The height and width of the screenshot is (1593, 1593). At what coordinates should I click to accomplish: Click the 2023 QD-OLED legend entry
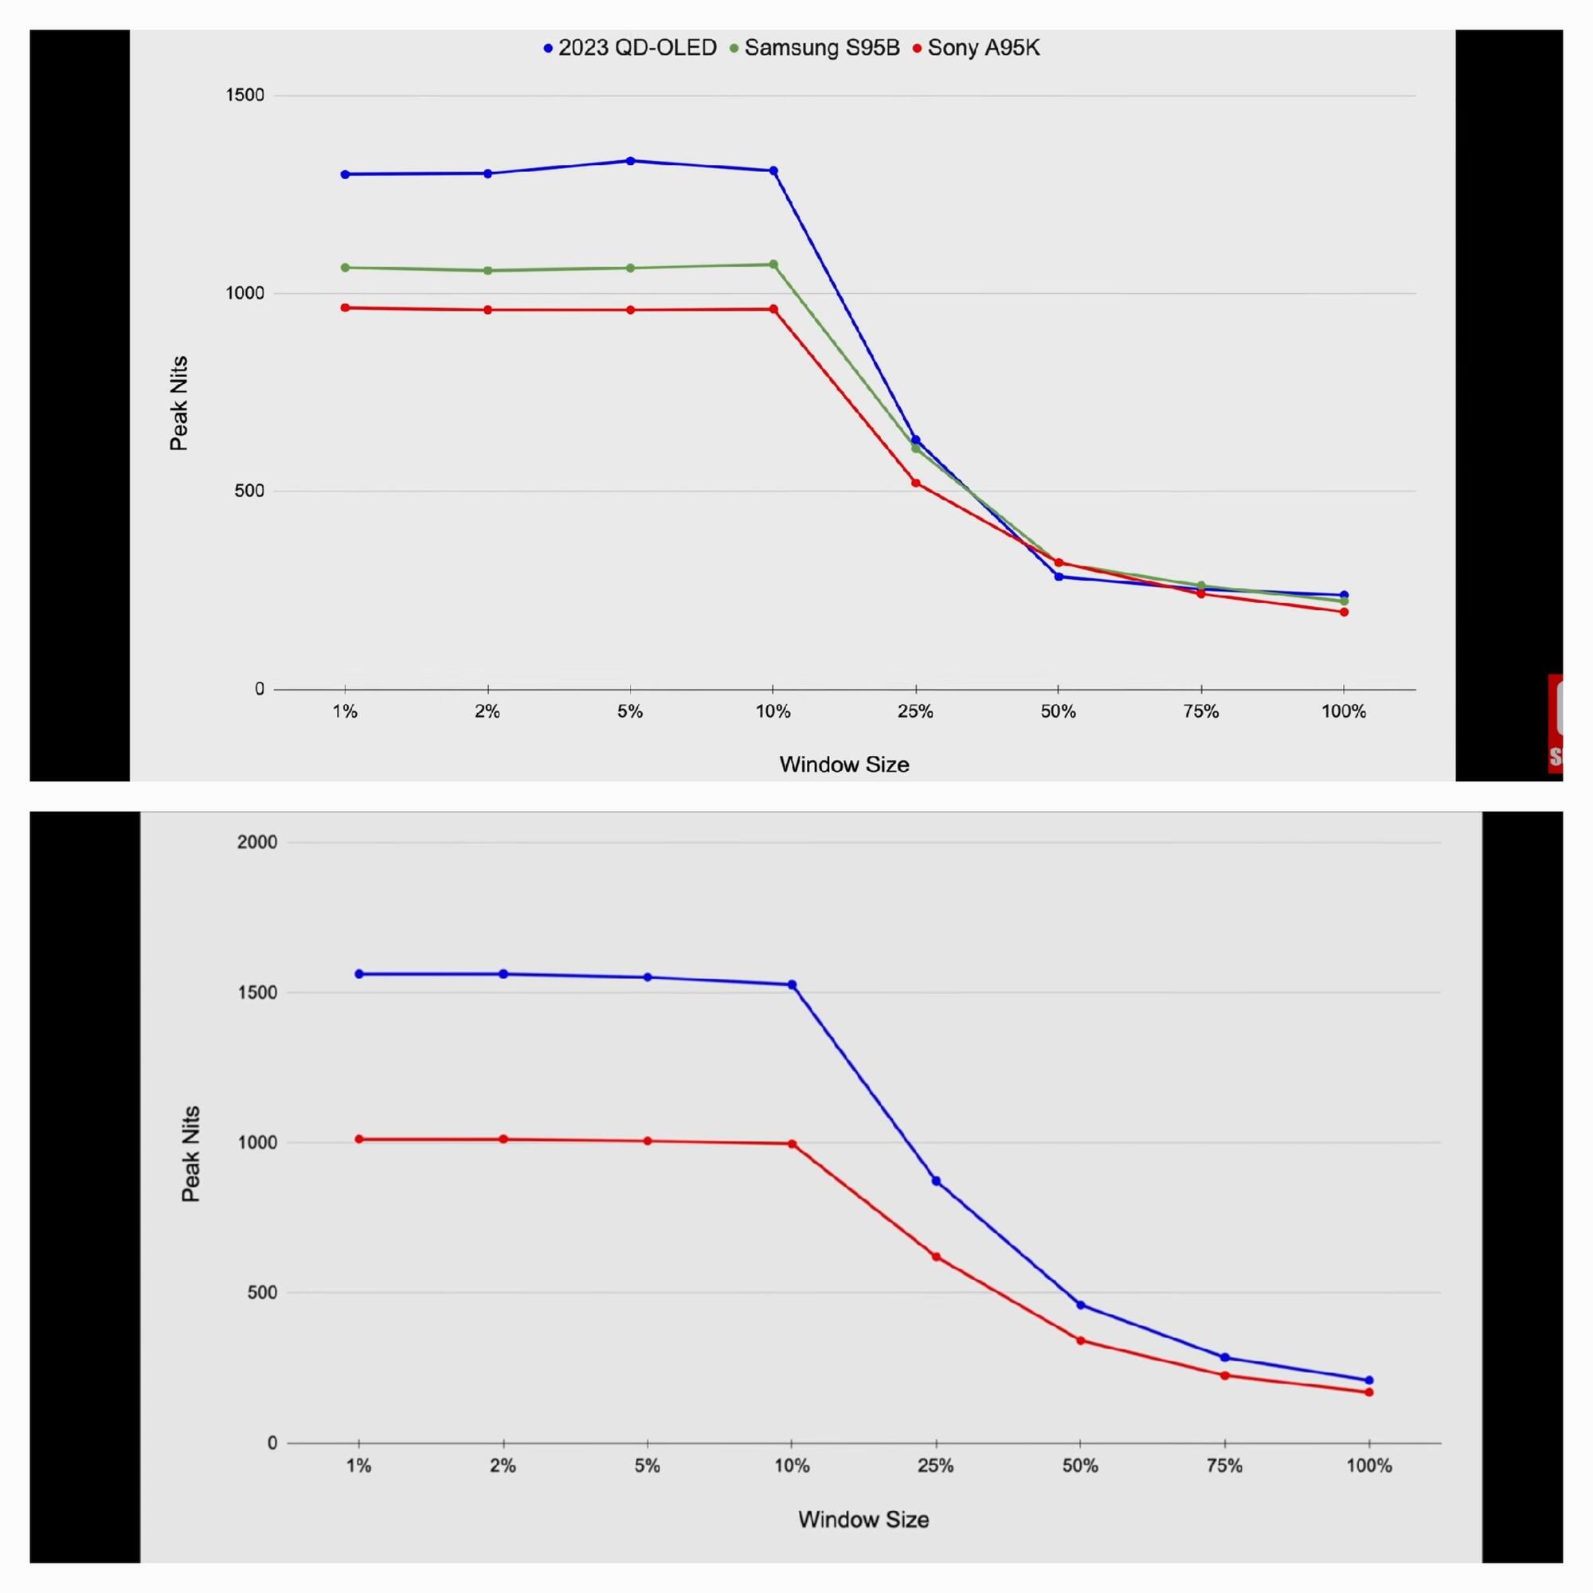click(x=630, y=48)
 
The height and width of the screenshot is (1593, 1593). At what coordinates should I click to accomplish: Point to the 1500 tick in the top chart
click(x=245, y=95)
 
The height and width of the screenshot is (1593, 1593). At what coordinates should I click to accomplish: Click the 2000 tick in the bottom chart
click(x=257, y=842)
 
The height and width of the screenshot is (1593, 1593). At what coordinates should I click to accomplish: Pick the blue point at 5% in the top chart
click(x=631, y=161)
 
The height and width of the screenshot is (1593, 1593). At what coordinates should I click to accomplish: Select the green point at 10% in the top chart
click(x=773, y=264)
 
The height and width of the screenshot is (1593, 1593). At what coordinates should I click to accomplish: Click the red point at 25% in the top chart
click(x=916, y=483)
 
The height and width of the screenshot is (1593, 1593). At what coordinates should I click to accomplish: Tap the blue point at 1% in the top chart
click(x=345, y=174)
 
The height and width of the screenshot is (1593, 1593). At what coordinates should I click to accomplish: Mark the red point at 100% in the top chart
click(x=1344, y=612)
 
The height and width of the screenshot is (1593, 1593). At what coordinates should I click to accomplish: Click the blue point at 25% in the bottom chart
click(x=936, y=1180)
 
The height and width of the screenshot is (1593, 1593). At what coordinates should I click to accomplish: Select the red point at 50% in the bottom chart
click(x=1080, y=1340)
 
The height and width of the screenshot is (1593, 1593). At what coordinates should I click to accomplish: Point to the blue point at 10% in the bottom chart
click(x=793, y=984)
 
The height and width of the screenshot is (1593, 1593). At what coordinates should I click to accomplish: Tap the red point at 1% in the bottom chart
click(x=358, y=1139)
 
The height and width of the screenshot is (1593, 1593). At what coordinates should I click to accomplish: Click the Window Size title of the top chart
click(x=844, y=765)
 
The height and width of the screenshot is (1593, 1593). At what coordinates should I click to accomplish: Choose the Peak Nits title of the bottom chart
click(x=190, y=1153)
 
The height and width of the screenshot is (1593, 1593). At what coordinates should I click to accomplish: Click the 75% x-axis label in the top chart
click(x=1200, y=711)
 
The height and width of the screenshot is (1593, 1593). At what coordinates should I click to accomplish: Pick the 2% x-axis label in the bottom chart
click(x=503, y=1466)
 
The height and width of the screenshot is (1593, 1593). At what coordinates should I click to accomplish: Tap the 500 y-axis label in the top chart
click(x=249, y=491)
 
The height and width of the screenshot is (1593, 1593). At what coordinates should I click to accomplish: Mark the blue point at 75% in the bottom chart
click(x=1224, y=1357)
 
